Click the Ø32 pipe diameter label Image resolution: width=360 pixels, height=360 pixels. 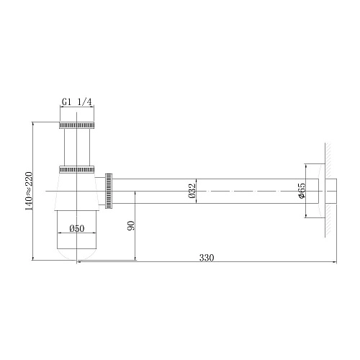pyautogui.click(x=192, y=191)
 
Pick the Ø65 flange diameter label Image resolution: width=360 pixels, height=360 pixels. pyautogui.click(x=302, y=192)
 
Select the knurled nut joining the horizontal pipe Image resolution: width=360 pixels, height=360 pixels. pyautogui.click(x=109, y=191)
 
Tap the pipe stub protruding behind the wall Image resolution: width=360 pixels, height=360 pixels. pyautogui.click(x=333, y=191)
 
